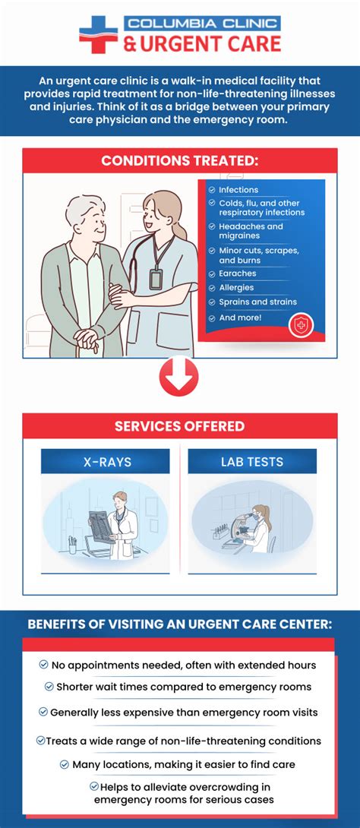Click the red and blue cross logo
coord(99,34)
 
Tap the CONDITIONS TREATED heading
coord(180,160)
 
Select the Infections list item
coord(238,190)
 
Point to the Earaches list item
coord(237,273)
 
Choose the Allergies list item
coord(236,288)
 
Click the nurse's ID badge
coord(156,279)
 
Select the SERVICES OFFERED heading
coord(180,426)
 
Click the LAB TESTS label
coord(252,461)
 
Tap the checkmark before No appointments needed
coord(44,665)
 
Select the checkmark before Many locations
coord(65,764)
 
